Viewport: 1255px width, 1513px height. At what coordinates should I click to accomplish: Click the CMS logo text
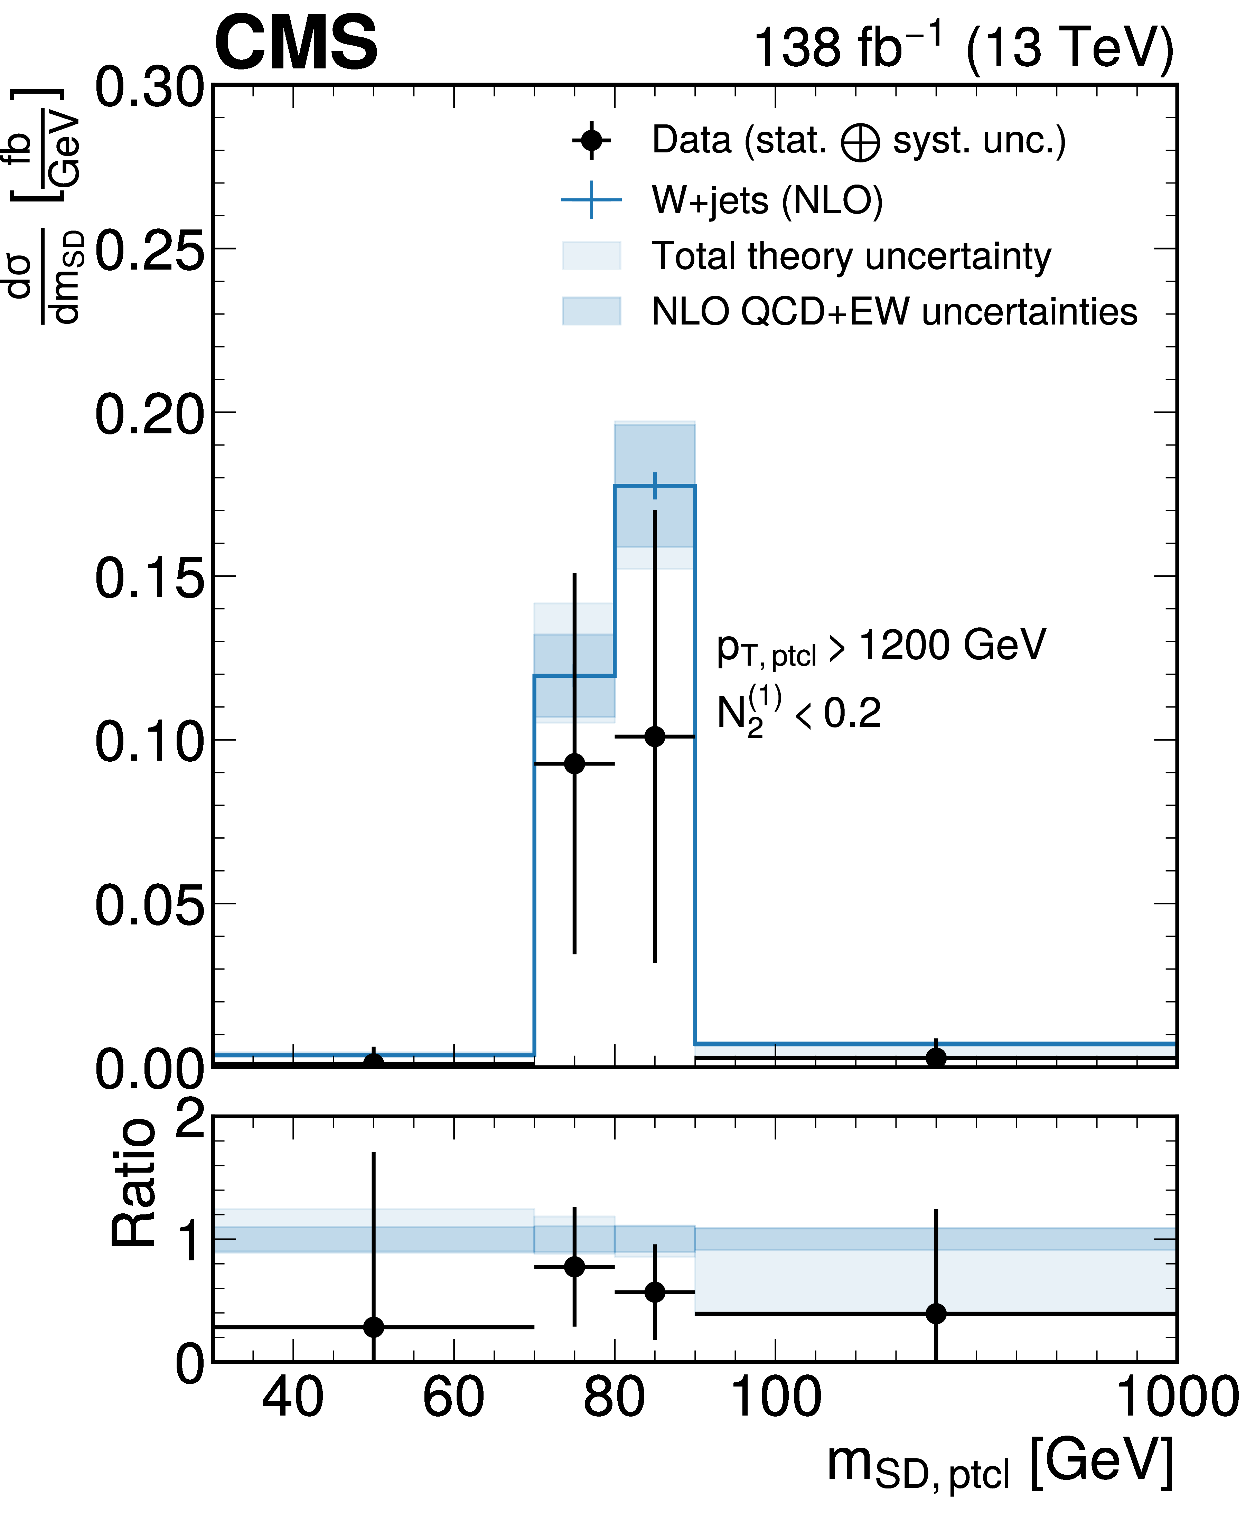(x=296, y=43)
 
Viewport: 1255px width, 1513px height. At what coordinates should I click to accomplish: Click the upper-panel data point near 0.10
(x=654, y=736)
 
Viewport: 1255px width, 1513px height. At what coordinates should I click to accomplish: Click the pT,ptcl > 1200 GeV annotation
(x=880, y=646)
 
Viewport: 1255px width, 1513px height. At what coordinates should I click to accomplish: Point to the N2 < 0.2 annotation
(x=798, y=713)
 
